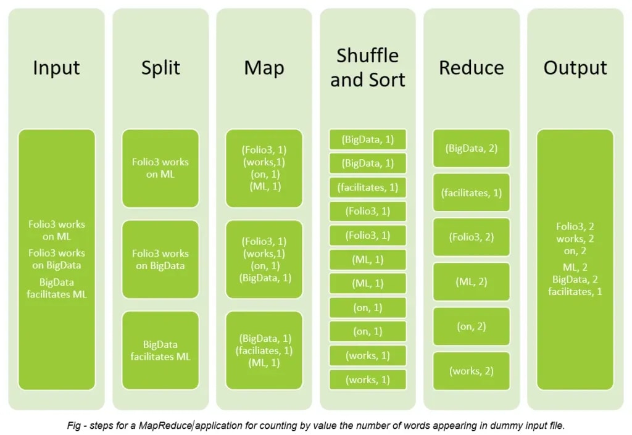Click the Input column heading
[56, 67]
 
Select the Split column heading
[160, 67]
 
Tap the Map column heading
[264, 67]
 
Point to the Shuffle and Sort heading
[368, 67]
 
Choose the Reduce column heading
[472, 67]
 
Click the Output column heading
[575, 67]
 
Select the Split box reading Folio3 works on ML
[160, 168]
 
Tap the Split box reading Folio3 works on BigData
[160, 260]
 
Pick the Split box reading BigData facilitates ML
[160, 350]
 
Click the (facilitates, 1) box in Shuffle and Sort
[368, 187]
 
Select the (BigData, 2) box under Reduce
[472, 148]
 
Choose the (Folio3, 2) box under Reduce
[472, 237]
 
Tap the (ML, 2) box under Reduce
[472, 281]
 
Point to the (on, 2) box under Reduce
[472, 326]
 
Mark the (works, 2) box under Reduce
[472, 371]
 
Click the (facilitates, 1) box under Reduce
[472, 193]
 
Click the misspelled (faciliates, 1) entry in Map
[264, 350]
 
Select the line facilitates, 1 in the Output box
[575, 291]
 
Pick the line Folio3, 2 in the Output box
[575, 226]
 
